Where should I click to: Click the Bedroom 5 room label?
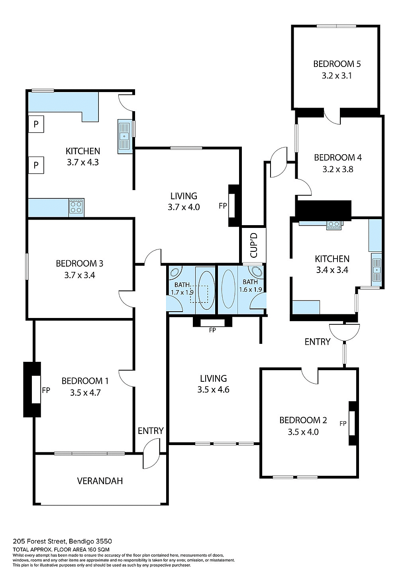(337, 64)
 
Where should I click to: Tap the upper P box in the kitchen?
(36, 124)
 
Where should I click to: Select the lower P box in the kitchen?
(36, 165)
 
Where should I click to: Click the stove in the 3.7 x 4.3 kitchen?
(76, 207)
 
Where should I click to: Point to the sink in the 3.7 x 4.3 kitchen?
(124, 136)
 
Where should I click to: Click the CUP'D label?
(254, 245)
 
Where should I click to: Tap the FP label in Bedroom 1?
(46, 390)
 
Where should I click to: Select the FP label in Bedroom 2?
(343, 424)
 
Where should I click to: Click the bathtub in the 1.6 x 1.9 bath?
(228, 289)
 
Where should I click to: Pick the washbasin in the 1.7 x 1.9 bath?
(175, 273)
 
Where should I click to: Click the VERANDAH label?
(100, 481)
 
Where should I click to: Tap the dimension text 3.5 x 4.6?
(213, 390)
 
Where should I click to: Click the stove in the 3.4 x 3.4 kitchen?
(334, 225)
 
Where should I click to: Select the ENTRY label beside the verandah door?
(150, 431)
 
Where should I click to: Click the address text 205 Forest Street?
(62, 541)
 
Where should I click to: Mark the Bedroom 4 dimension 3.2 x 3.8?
(337, 169)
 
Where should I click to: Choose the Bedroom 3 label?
(79, 263)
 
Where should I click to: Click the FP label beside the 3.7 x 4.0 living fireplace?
(223, 206)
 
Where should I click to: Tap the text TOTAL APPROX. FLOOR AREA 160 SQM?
(61, 550)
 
